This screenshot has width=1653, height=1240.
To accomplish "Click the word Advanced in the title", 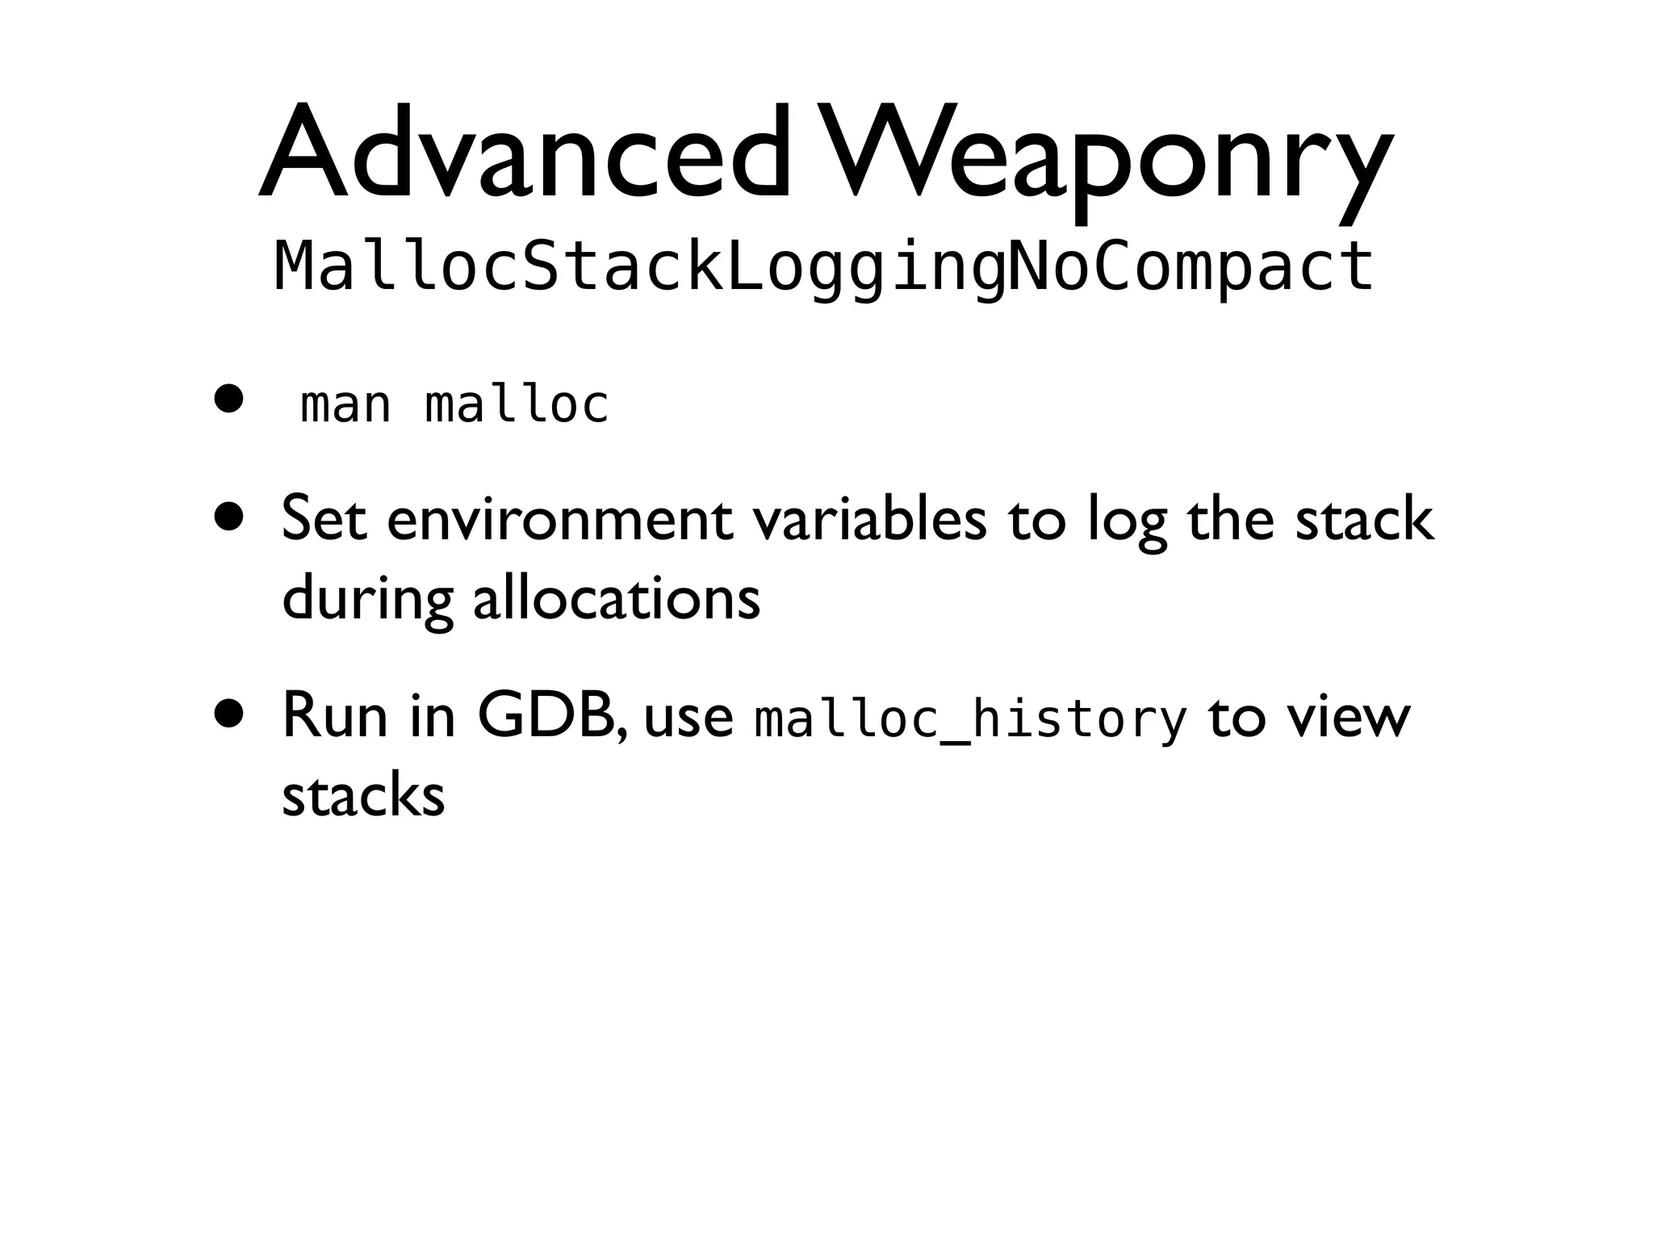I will click(525, 153).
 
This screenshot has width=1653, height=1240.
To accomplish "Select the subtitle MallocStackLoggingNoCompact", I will click(823, 266).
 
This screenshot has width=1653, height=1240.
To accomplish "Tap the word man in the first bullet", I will click(345, 404).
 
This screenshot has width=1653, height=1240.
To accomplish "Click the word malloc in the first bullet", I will click(517, 404).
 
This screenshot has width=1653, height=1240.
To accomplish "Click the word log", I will click(1128, 523).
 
